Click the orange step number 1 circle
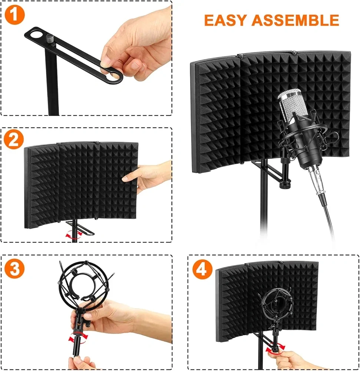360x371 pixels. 15,15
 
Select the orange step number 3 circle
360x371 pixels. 15,269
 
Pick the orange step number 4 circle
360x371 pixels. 202,269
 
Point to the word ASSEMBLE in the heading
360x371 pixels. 295,20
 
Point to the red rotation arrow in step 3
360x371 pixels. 78,337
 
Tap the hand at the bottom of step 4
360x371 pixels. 295,361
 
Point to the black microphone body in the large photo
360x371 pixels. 305,142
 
